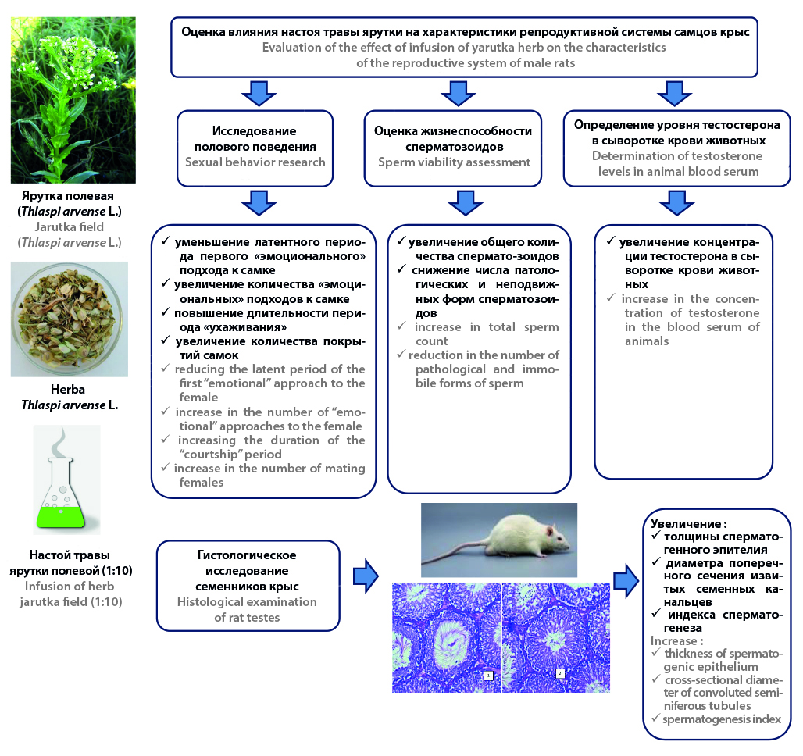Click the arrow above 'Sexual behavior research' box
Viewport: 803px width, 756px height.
[255, 93]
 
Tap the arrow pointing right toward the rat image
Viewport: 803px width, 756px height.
[364, 579]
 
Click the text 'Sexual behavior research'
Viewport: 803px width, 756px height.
[255, 162]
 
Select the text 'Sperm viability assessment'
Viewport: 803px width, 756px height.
[453, 162]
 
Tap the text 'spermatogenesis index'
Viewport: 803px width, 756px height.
[721, 719]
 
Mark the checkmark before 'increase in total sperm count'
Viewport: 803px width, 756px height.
[401, 327]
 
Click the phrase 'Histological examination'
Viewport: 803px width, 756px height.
[246, 601]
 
